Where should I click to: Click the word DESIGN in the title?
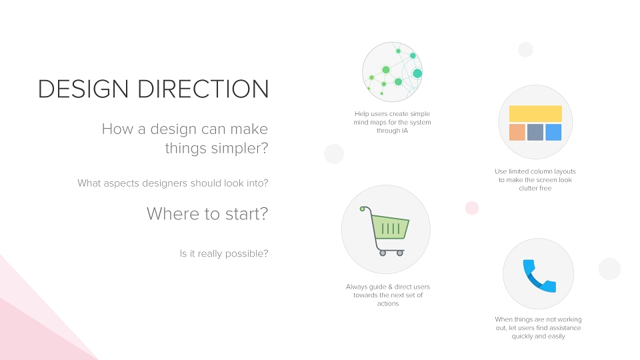click(83, 89)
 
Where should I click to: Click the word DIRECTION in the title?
click(203, 89)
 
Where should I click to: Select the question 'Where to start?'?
click(207, 213)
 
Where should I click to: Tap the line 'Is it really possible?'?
click(224, 253)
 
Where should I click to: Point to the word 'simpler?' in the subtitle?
click(239, 148)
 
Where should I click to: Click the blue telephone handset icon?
click(539, 276)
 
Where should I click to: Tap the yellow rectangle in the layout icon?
click(535, 114)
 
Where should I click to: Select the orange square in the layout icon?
click(517, 132)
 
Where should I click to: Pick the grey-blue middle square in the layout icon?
click(535, 132)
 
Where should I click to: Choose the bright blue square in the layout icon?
click(553, 132)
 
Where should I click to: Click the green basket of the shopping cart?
click(390, 227)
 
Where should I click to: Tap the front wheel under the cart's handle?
click(383, 253)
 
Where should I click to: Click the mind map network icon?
click(392, 72)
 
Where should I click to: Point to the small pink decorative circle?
click(472, 208)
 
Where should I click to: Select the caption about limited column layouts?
click(535, 179)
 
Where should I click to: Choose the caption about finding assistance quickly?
click(538, 328)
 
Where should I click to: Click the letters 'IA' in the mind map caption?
click(405, 131)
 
